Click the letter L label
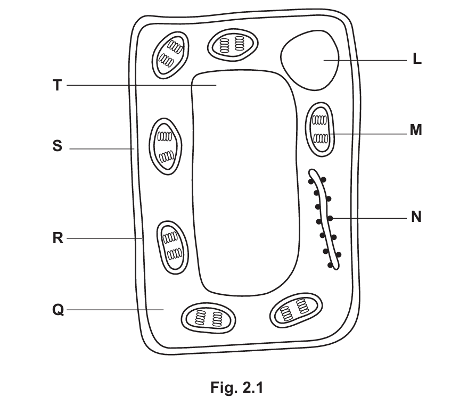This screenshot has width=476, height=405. [x=417, y=60]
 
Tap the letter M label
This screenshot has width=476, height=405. [x=416, y=130]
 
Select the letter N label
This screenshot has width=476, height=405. [x=416, y=217]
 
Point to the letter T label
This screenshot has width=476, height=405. [x=57, y=85]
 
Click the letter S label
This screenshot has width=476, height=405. [x=57, y=146]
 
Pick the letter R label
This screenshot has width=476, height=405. [x=58, y=238]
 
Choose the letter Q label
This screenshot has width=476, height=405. [x=58, y=310]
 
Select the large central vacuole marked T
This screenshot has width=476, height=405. [x=245, y=181]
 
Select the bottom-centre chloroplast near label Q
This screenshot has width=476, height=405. [x=208, y=318]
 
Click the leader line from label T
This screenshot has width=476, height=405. [x=138, y=85]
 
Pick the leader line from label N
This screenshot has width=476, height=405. [x=373, y=218]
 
